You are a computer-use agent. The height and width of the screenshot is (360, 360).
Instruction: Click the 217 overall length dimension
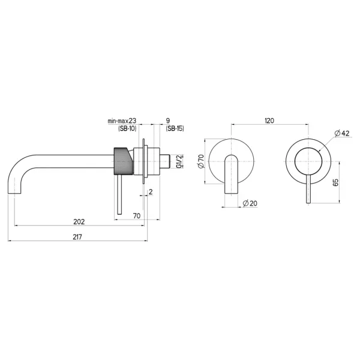pyautogui.click(x=77, y=237)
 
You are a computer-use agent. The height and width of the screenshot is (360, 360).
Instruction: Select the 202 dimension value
pyautogui.click(x=79, y=222)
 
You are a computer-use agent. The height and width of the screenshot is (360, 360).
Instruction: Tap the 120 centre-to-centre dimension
pyautogui.click(x=269, y=121)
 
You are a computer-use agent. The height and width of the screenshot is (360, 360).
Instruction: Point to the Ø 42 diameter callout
pyautogui.click(x=342, y=133)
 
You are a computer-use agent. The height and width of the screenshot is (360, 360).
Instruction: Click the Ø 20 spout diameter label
pyautogui.click(x=250, y=203)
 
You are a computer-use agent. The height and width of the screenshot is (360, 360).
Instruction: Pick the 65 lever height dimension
pyautogui.click(x=335, y=182)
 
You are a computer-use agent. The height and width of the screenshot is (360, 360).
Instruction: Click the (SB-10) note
pyautogui.click(x=127, y=128)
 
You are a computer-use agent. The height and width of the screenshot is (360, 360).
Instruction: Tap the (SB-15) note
pyautogui.click(x=175, y=128)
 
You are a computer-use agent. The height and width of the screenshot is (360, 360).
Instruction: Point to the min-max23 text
pyautogui.click(x=122, y=121)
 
